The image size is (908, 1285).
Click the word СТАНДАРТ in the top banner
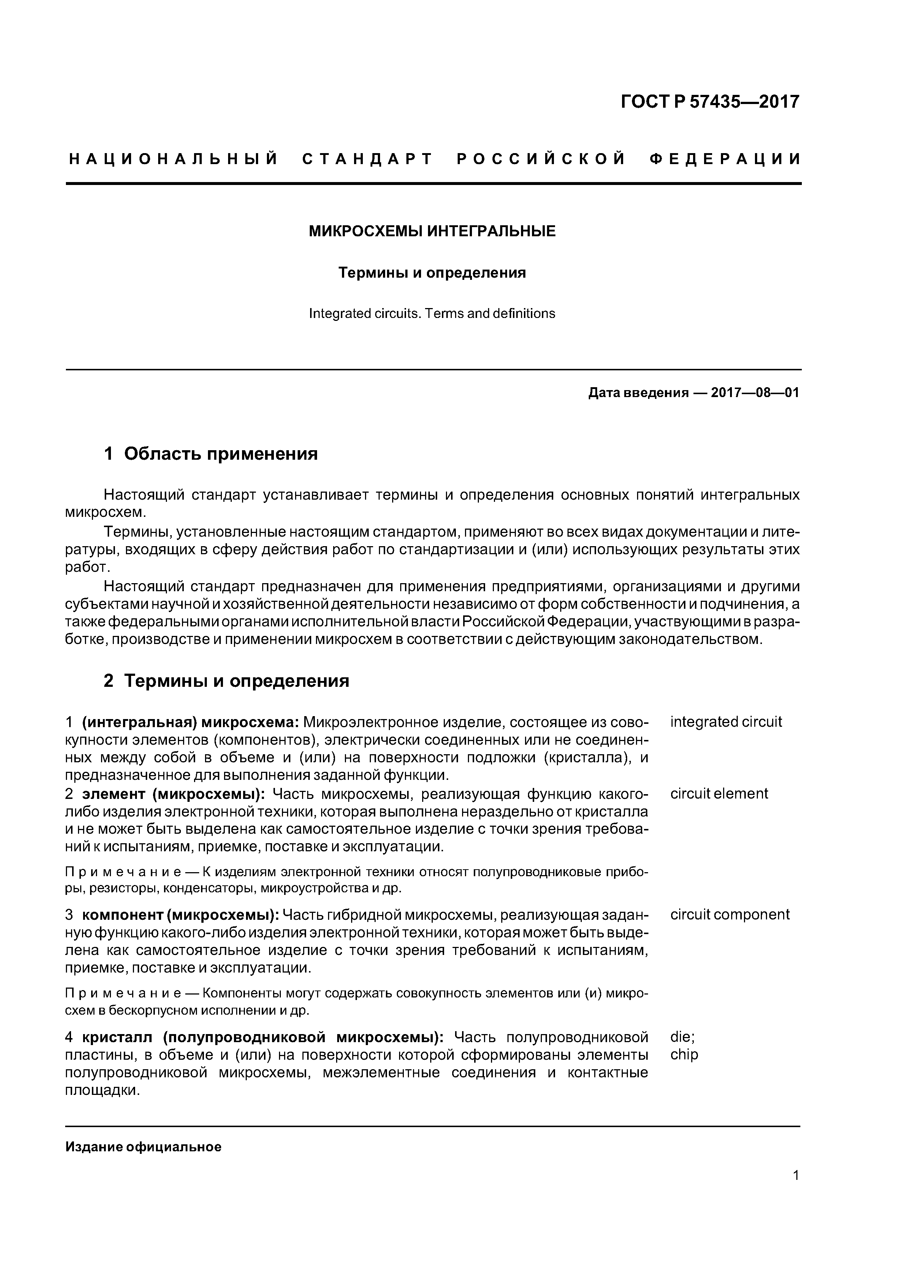pos(368,159)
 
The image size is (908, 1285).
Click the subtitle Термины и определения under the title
pos(432,273)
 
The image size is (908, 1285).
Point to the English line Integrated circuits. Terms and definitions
pos(432,314)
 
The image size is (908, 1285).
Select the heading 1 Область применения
pos(211,453)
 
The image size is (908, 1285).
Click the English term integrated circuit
pos(726,722)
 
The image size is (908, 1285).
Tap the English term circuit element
pos(719,794)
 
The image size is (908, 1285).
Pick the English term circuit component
pos(730,915)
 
